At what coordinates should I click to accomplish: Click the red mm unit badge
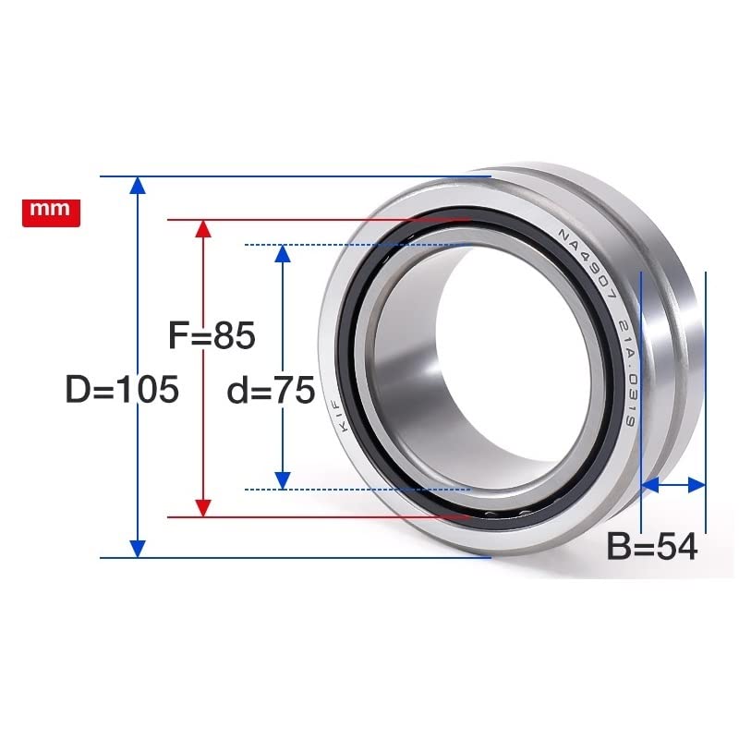pos(52,212)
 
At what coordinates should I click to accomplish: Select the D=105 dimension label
pos(122,389)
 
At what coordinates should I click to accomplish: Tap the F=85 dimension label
pos(212,334)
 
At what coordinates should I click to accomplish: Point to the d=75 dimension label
pos(271,390)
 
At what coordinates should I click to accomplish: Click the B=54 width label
pos(652,547)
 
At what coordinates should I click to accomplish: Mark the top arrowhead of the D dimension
pos(137,186)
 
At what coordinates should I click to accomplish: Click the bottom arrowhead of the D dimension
pos(137,549)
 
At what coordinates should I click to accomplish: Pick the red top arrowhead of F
pos(203,228)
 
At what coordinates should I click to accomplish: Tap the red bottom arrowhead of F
pos(203,508)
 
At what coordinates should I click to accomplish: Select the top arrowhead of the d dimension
pos(283,253)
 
